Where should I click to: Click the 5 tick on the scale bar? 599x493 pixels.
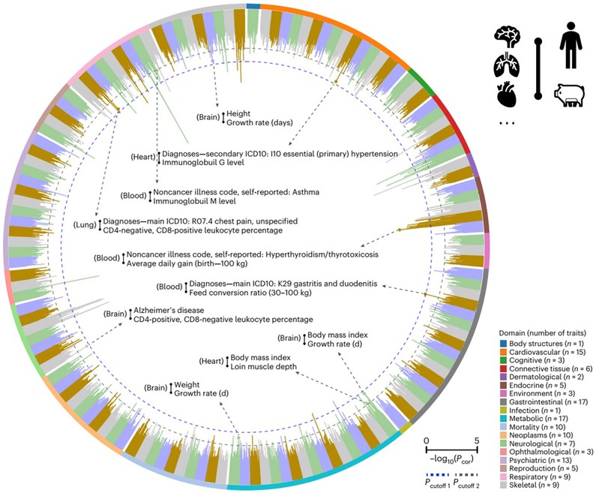click(x=478, y=440)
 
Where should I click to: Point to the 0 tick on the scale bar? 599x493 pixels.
click(x=426, y=440)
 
